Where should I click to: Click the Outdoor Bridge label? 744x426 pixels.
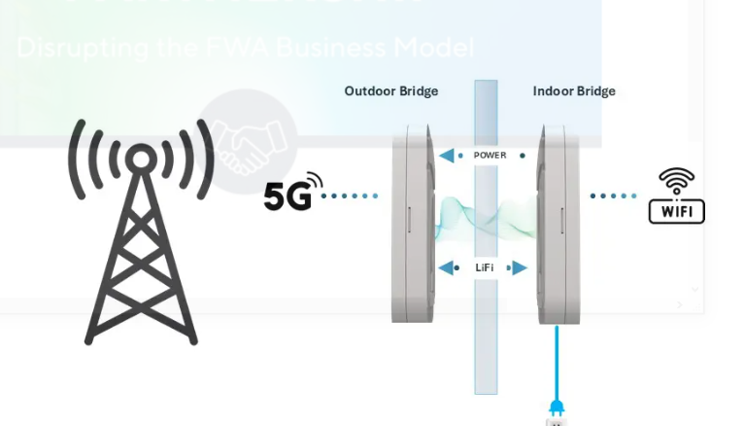390,91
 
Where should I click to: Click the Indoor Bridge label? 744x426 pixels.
573,91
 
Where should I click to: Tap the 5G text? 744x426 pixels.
287,195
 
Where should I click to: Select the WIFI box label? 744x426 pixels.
676,211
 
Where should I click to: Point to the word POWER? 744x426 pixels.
490,156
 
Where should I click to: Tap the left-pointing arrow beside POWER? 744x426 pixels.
446,156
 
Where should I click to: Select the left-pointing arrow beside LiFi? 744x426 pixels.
448,267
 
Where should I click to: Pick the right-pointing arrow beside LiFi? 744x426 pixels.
520,267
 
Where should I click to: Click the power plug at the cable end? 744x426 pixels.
557,407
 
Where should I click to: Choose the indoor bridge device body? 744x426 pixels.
558,224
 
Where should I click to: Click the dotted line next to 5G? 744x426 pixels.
350,195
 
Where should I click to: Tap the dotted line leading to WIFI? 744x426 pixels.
614,195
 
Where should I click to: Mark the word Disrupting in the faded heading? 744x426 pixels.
68,47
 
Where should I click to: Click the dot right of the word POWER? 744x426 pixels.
523,156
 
